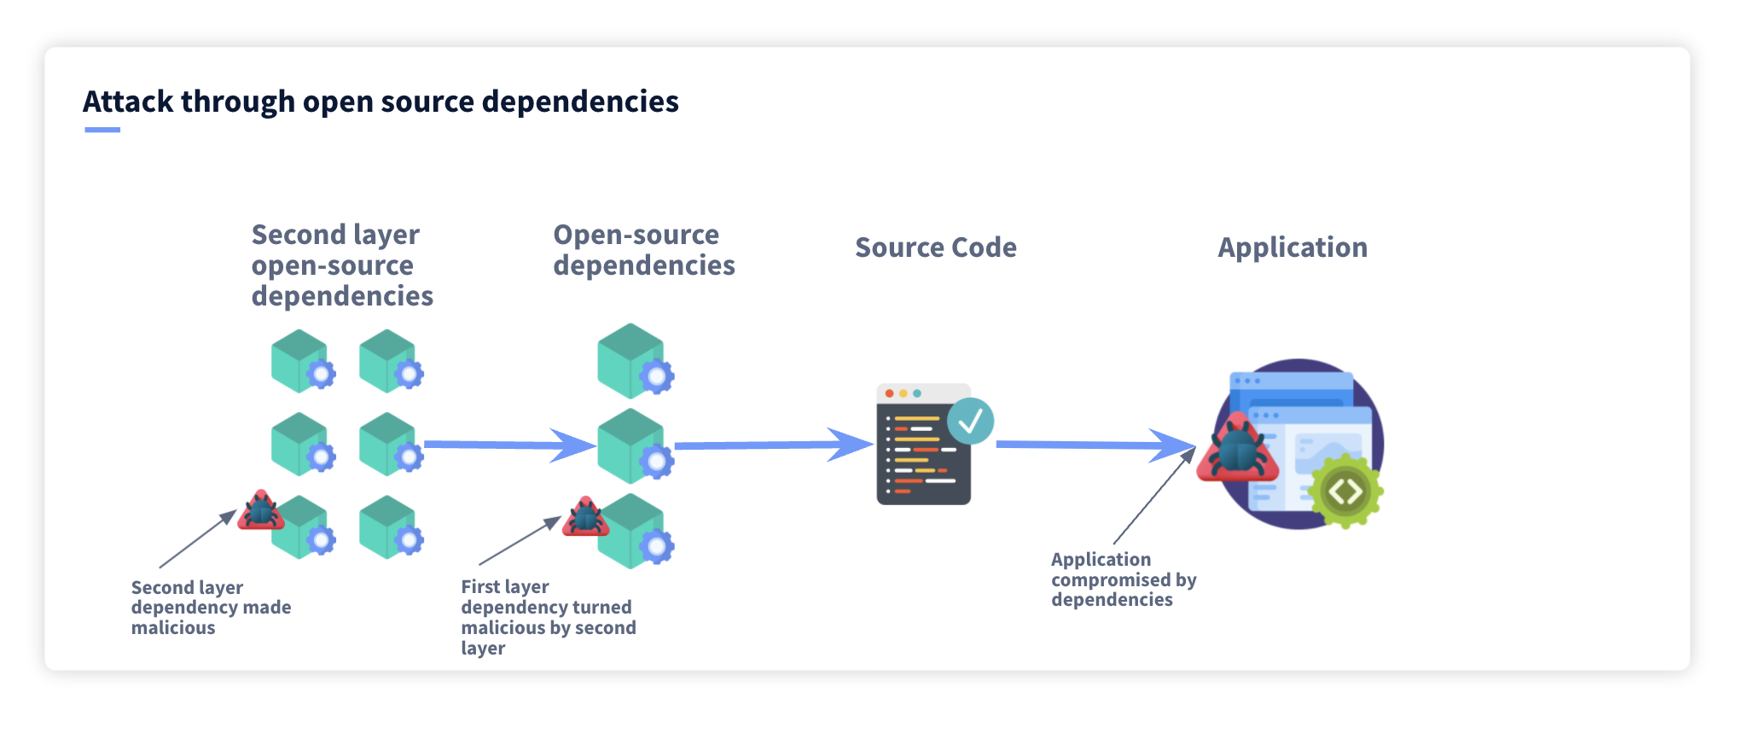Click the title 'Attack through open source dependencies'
pyautogui.click(x=381, y=102)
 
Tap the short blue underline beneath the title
pyautogui.click(x=102, y=130)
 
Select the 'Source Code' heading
pyautogui.click(x=935, y=247)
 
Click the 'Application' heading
pyautogui.click(x=1292, y=247)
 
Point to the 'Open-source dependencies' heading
pyautogui.click(x=643, y=250)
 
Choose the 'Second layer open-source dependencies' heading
pyautogui.click(x=342, y=265)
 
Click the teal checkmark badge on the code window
pyautogui.click(x=970, y=421)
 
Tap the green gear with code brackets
pyautogui.click(x=1345, y=492)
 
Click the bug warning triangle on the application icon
pyautogui.click(x=1237, y=451)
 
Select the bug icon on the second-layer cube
pyautogui.click(x=260, y=511)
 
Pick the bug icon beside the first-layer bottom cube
pyautogui.click(x=585, y=517)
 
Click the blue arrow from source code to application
pyautogui.click(x=1092, y=445)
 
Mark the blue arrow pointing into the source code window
pyautogui.click(x=768, y=445)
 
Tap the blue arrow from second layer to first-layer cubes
pyautogui.click(x=503, y=445)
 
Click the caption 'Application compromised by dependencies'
pyautogui.click(x=1123, y=579)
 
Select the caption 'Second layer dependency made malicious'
pyautogui.click(x=211, y=608)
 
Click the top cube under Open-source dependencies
pyautogui.click(x=631, y=360)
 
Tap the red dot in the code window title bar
pyautogui.click(x=889, y=393)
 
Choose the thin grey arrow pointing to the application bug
pyautogui.click(x=1152, y=498)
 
